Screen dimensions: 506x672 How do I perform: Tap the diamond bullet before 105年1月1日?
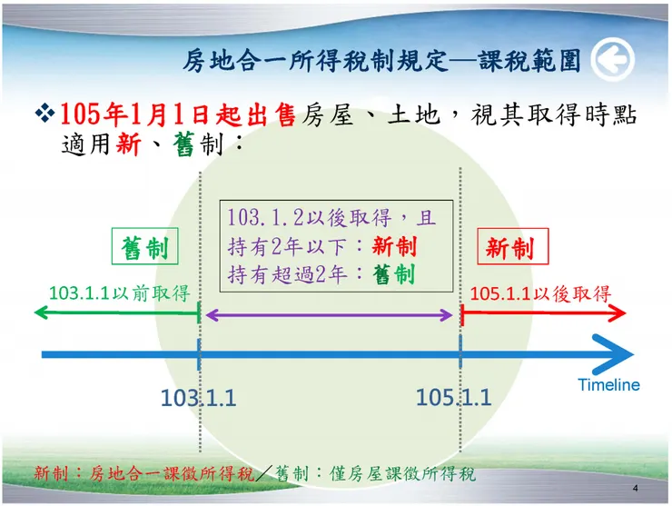point(44,114)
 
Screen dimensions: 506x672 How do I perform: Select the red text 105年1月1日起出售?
point(177,114)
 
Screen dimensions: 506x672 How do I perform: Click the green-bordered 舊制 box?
point(145,248)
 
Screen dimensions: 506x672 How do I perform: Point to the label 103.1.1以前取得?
point(118,293)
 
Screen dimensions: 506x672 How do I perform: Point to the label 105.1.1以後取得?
point(541,293)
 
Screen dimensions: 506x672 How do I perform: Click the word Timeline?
point(608,385)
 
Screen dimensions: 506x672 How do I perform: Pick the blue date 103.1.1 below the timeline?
point(198,398)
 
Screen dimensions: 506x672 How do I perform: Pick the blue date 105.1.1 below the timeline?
point(453,397)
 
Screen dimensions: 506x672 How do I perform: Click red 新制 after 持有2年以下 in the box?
point(395,246)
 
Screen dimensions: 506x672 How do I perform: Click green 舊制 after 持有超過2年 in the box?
point(394,273)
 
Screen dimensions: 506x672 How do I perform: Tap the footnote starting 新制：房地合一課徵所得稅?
point(254,474)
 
